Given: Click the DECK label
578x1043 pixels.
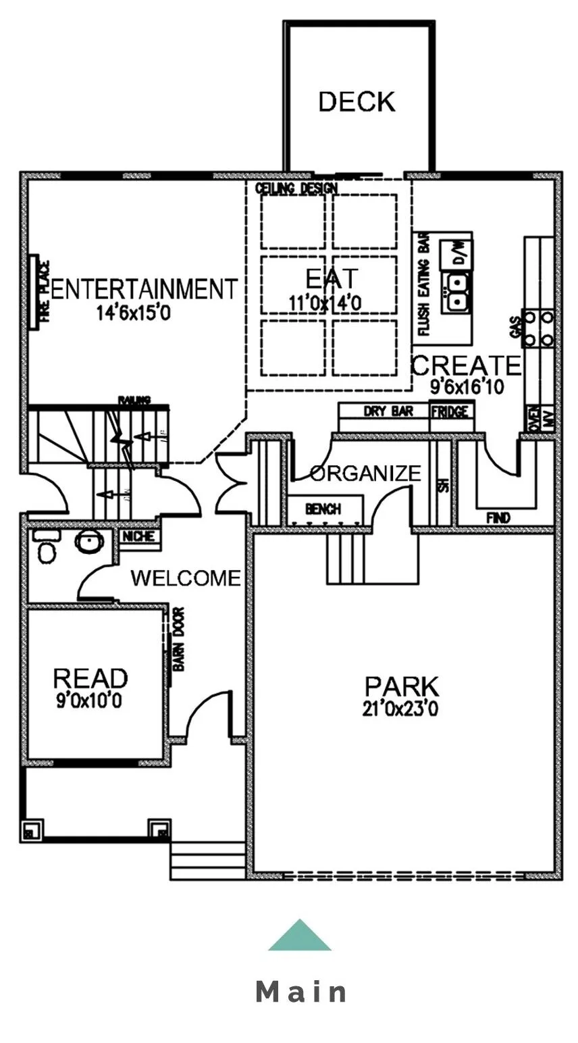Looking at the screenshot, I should (x=357, y=102).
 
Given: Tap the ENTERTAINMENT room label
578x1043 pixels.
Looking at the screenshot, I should (x=144, y=289).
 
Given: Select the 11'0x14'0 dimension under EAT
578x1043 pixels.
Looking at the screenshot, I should (x=325, y=303).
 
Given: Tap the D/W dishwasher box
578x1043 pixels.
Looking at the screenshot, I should (x=458, y=253).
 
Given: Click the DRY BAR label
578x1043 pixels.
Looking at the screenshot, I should (x=388, y=411).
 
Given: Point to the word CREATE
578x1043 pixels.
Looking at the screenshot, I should (x=466, y=366).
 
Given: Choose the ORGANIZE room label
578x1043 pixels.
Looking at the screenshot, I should (x=366, y=473).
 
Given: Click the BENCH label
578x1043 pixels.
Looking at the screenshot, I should (x=323, y=509).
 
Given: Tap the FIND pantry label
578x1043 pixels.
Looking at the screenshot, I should (x=498, y=518).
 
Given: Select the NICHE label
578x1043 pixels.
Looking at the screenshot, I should (x=140, y=536).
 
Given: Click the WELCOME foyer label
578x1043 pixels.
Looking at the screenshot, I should (x=186, y=578).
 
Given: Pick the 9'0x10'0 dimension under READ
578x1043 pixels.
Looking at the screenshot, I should (x=90, y=701).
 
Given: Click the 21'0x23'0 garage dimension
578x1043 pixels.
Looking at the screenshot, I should (x=401, y=709).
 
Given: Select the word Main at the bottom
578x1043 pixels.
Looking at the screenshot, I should (x=301, y=992).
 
